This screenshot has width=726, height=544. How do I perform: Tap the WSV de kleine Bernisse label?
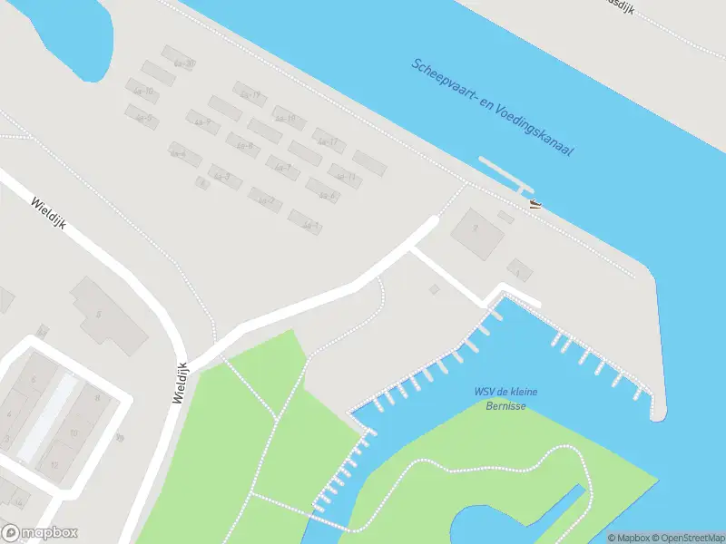coord(506,398)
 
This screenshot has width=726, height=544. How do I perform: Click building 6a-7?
coord(283,168)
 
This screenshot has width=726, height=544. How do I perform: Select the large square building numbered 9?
coord(477,231)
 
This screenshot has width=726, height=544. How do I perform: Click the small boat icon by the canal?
coord(535,204)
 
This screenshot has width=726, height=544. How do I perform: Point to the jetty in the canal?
coord(505,173)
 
